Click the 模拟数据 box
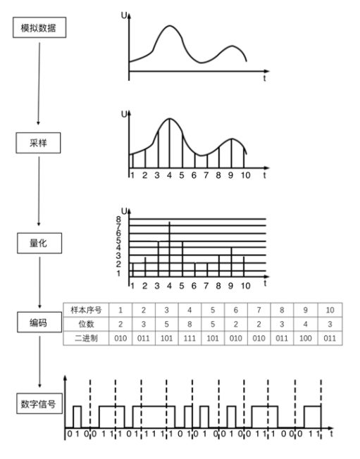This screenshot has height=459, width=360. (x=39, y=27)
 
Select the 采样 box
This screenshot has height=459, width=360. (x=38, y=143)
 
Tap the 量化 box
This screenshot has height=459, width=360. (x=39, y=243)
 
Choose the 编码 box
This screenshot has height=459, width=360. (x=39, y=322)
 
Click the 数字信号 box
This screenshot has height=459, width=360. (x=39, y=403)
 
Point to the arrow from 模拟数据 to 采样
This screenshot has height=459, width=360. (x=39, y=84)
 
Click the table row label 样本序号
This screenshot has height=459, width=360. (x=86, y=310)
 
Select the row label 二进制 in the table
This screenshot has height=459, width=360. (x=86, y=338)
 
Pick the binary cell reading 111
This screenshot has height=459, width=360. (x=190, y=339)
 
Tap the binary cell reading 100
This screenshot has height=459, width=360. (x=305, y=339)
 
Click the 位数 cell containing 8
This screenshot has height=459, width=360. (x=190, y=324)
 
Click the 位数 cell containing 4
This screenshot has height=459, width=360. (x=305, y=324)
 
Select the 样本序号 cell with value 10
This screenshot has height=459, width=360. (x=330, y=310)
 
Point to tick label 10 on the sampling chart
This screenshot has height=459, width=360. (x=245, y=175)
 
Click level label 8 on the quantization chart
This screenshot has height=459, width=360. (x=118, y=219)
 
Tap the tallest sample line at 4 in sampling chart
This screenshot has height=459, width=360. (x=169, y=144)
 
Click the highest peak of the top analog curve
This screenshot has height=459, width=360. (x=170, y=26)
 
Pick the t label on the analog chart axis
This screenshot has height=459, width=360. (x=264, y=78)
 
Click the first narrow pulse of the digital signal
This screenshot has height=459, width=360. (x=77, y=417)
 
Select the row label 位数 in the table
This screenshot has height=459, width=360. (x=86, y=324)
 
